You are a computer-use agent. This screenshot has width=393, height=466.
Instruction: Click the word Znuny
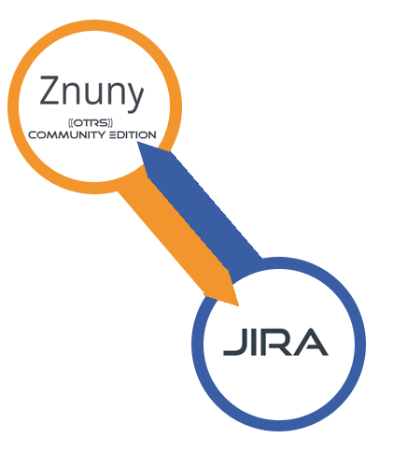coord(91,91)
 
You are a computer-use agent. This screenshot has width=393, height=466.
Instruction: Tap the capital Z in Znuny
coord(49,90)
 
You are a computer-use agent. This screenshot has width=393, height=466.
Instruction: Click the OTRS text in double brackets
coord(91,122)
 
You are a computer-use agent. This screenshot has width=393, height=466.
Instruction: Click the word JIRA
coord(275,342)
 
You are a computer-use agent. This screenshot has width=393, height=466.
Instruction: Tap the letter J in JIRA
coord(235,342)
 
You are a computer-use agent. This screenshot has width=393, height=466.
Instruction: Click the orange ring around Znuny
coord(13,106)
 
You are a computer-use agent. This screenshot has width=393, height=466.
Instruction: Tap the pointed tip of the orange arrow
coord(238,305)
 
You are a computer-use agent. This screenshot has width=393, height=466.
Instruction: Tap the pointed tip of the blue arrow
coord(137,142)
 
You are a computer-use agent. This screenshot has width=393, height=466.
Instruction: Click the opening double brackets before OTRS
coord(70,122)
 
